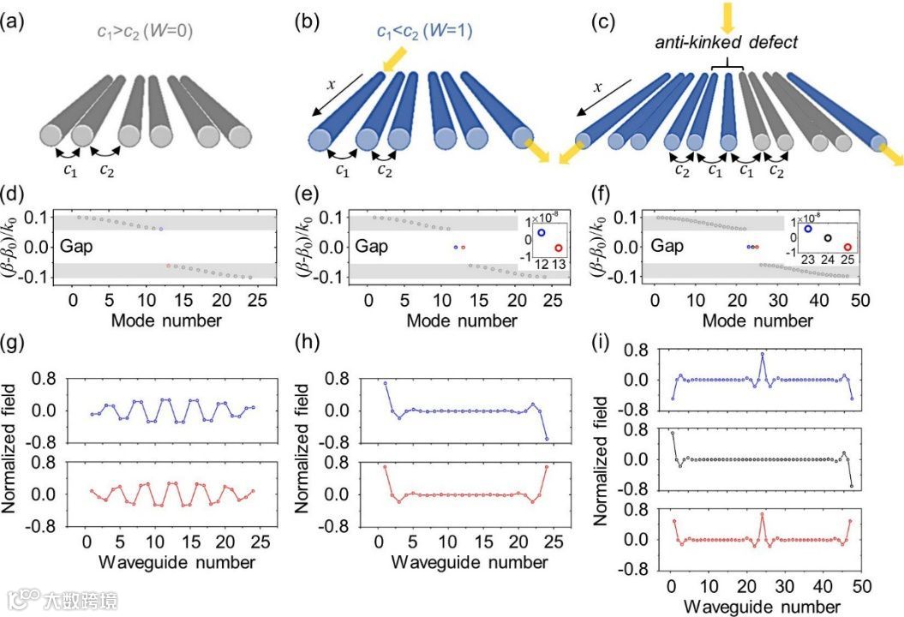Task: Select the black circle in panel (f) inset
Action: (x=827, y=238)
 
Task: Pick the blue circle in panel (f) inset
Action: (x=807, y=229)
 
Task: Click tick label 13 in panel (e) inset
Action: (x=559, y=267)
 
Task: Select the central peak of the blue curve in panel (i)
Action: (x=762, y=353)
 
